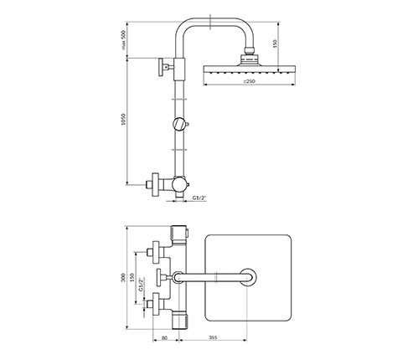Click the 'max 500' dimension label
click(x=124, y=40)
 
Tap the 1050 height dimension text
click(x=124, y=119)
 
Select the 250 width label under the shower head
click(x=250, y=81)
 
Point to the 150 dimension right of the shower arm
click(x=276, y=44)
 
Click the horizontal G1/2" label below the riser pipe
click(x=199, y=198)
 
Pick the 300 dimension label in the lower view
click(x=123, y=278)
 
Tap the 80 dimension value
click(x=164, y=337)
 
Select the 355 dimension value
click(x=213, y=337)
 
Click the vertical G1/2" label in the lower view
click(x=142, y=285)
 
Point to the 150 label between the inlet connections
click(x=132, y=277)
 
